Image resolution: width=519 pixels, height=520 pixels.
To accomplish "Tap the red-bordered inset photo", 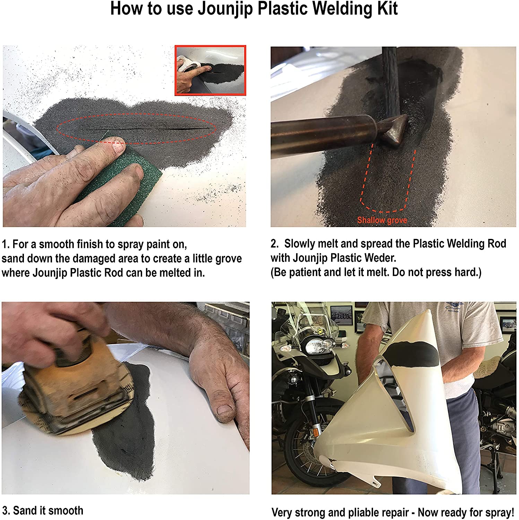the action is point(210,70).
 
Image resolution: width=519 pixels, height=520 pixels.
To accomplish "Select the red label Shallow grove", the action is point(382,220).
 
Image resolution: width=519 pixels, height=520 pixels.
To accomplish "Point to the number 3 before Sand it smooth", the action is point(5,511).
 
